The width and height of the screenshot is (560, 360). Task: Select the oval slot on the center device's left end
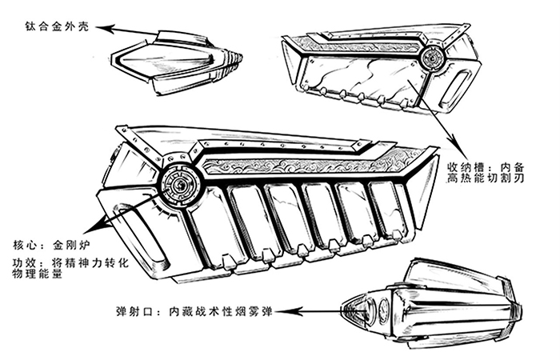pos(144,236)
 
